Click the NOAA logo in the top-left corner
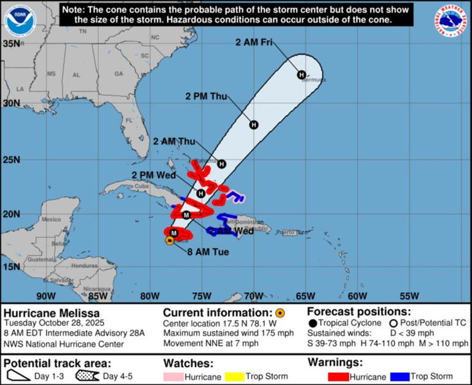(20, 20)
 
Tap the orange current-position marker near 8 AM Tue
(170, 240)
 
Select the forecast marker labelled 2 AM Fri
(302, 75)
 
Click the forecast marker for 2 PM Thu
(254, 125)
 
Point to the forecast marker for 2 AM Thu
(221, 164)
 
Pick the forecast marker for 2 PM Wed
(201, 193)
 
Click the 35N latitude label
(10, 44)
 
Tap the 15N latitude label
(10, 266)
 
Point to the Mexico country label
(50, 220)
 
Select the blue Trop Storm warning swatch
(401, 376)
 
